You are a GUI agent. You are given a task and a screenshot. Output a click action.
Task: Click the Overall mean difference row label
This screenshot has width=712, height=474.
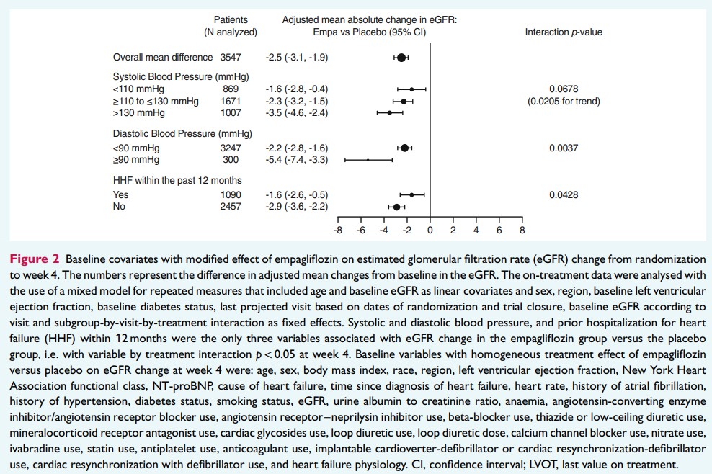coord(163,57)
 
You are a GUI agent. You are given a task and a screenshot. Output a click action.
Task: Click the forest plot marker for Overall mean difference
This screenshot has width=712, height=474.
coord(401,57)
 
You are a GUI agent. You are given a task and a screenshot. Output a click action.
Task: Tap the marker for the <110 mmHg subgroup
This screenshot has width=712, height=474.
coord(411,89)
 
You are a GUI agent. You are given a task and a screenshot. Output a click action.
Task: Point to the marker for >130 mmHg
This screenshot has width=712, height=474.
coord(390,113)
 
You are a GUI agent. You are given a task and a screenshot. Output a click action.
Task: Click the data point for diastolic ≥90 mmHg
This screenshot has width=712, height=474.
coord(368,159)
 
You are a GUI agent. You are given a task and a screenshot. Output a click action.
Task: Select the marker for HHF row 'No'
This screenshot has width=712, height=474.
coord(396,207)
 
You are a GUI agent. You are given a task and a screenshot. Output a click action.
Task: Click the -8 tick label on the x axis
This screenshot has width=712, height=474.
coord(337,231)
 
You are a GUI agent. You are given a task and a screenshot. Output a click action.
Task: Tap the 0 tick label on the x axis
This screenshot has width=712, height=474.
coord(430,231)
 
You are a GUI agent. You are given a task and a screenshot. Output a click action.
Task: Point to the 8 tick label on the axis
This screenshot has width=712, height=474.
coord(522,231)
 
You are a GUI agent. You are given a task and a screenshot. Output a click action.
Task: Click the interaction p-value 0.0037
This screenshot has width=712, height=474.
coord(564,148)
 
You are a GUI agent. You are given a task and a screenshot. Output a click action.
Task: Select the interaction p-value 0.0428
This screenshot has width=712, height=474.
coord(564,194)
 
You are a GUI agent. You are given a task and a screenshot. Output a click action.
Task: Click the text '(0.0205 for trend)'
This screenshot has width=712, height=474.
coord(564,101)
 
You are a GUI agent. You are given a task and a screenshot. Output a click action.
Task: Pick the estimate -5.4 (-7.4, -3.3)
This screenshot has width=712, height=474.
coord(297,159)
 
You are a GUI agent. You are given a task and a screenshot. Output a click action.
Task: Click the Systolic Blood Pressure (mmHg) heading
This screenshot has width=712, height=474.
coord(181,76)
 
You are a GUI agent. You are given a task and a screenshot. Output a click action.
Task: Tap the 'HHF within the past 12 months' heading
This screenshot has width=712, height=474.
coord(177,180)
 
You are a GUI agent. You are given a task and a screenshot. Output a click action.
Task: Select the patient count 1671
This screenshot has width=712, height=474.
coord(231,101)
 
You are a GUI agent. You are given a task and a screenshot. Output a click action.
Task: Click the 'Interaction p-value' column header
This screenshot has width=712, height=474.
coord(564,32)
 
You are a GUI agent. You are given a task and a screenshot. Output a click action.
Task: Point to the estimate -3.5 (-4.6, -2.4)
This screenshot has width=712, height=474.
coord(297,113)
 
